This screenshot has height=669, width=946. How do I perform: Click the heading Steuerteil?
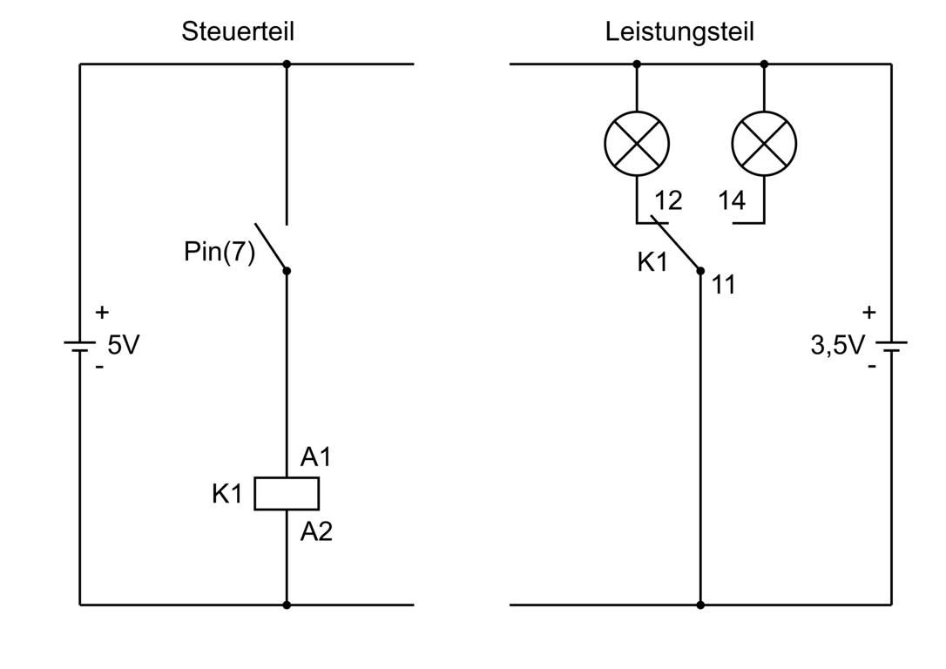click(x=237, y=32)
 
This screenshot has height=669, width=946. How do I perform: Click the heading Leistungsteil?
click(x=679, y=32)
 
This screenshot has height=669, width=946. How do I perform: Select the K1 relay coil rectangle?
click(x=287, y=493)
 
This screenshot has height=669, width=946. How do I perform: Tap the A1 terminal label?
click(x=315, y=456)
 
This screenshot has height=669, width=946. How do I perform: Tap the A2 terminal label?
click(x=316, y=530)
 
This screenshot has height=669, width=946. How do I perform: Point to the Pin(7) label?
click(x=220, y=252)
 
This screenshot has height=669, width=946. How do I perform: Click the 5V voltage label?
click(x=123, y=345)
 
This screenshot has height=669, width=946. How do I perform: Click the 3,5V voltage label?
click(x=837, y=345)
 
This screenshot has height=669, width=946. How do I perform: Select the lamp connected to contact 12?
click(x=637, y=143)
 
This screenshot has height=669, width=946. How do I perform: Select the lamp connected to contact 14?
click(x=764, y=143)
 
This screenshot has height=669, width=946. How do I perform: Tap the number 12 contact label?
click(x=668, y=200)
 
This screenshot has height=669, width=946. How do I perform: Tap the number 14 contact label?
click(x=732, y=200)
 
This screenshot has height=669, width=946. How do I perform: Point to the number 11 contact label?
click(x=723, y=284)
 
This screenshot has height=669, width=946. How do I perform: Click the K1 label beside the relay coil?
click(x=226, y=494)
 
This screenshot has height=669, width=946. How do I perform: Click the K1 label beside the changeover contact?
click(x=652, y=261)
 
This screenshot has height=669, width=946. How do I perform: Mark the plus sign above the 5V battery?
click(x=102, y=311)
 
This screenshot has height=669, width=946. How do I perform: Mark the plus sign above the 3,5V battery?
click(x=868, y=311)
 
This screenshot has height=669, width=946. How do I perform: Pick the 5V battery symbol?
click(x=79, y=346)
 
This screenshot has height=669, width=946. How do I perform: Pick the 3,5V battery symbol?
click(x=891, y=346)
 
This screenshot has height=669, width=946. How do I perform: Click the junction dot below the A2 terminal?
click(x=287, y=604)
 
